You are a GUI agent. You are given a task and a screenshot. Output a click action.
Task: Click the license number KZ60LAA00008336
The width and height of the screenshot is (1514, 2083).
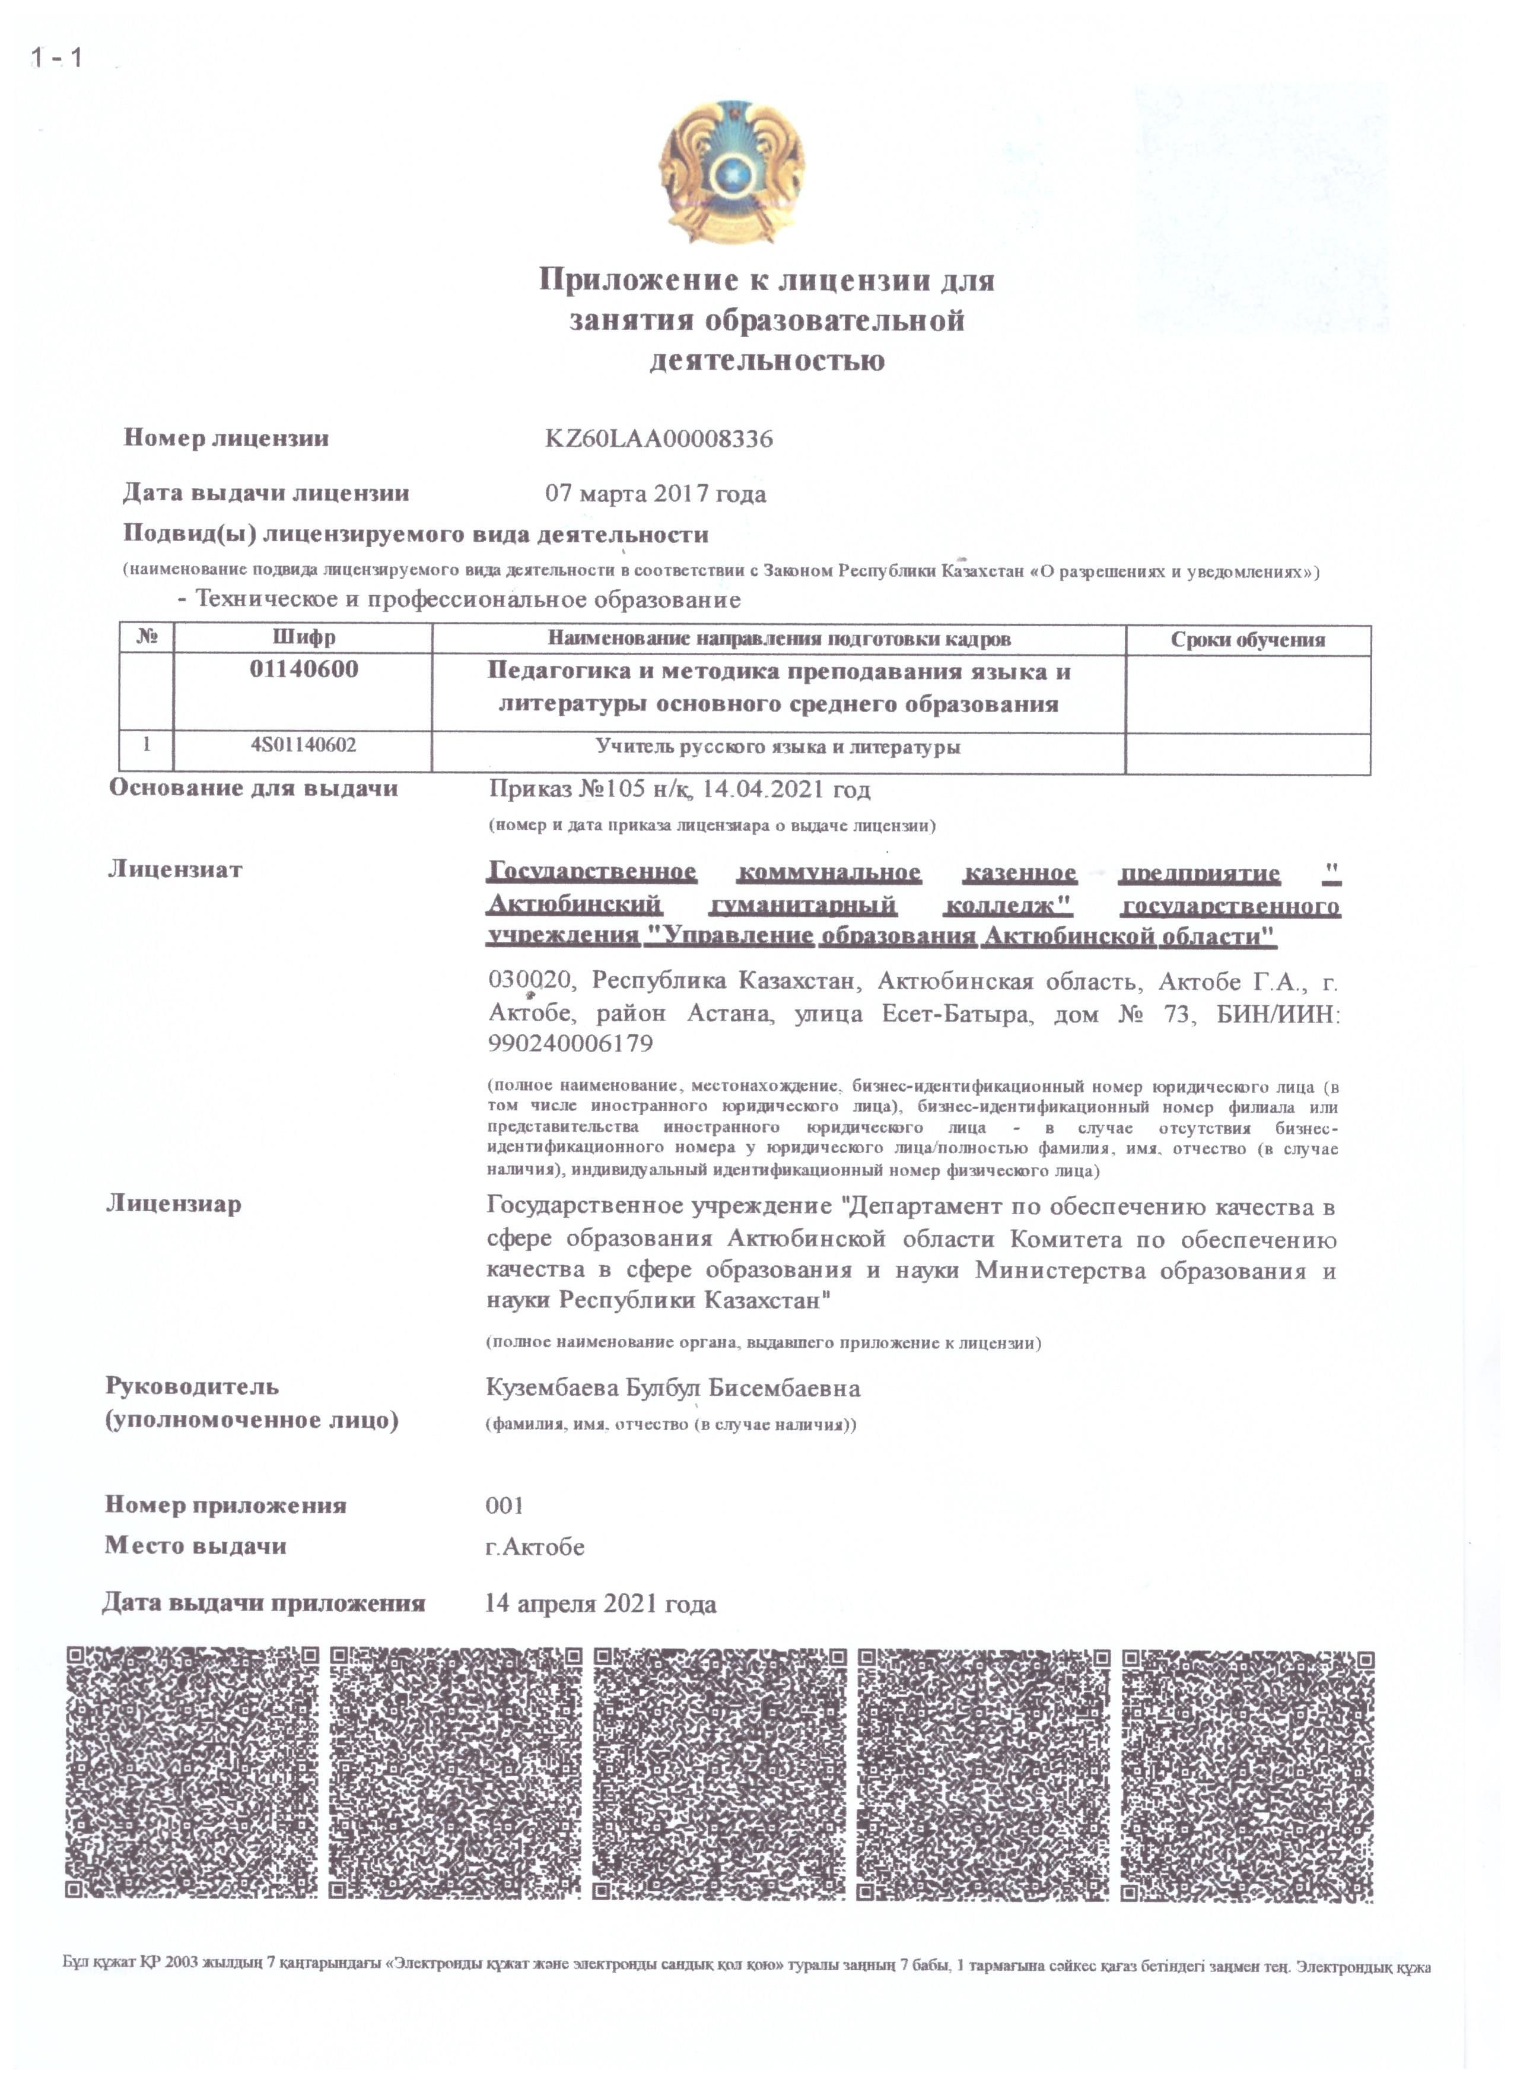tap(659, 439)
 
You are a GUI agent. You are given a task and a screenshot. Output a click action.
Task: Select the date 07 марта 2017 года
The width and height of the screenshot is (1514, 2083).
tap(656, 494)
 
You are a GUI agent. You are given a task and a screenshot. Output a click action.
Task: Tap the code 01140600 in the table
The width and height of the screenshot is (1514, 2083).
tap(304, 669)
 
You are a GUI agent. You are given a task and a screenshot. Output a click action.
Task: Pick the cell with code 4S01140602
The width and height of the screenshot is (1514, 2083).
tap(303, 746)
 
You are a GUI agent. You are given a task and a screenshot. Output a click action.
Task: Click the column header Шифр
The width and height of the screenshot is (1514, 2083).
tap(304, 637)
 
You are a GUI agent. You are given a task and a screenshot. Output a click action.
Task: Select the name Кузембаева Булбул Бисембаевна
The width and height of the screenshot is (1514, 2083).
tap(673, 1387)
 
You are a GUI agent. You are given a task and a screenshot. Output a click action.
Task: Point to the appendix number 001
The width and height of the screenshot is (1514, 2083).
tap(504, 1506)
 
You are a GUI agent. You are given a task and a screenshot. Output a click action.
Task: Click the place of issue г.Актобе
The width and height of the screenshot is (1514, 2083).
tap(535, 1547)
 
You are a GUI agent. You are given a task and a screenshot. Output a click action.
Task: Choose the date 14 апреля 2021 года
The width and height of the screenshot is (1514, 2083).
tap(600, 1603)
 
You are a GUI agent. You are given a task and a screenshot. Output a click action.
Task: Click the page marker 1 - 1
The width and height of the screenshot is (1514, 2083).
tap(57, 58)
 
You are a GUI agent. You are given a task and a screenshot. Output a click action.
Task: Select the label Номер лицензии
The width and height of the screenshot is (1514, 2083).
tap(226, 438)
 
